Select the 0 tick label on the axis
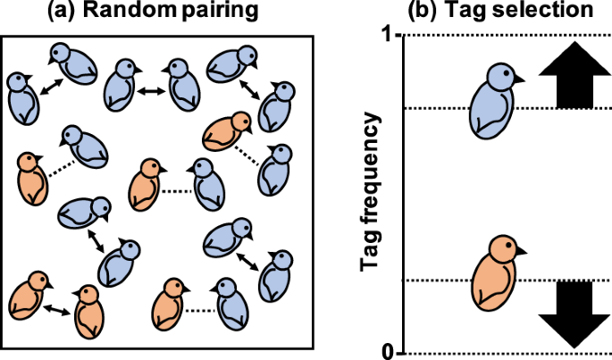[x=387, y=351]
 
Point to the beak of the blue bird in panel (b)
[x=520, y=80]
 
